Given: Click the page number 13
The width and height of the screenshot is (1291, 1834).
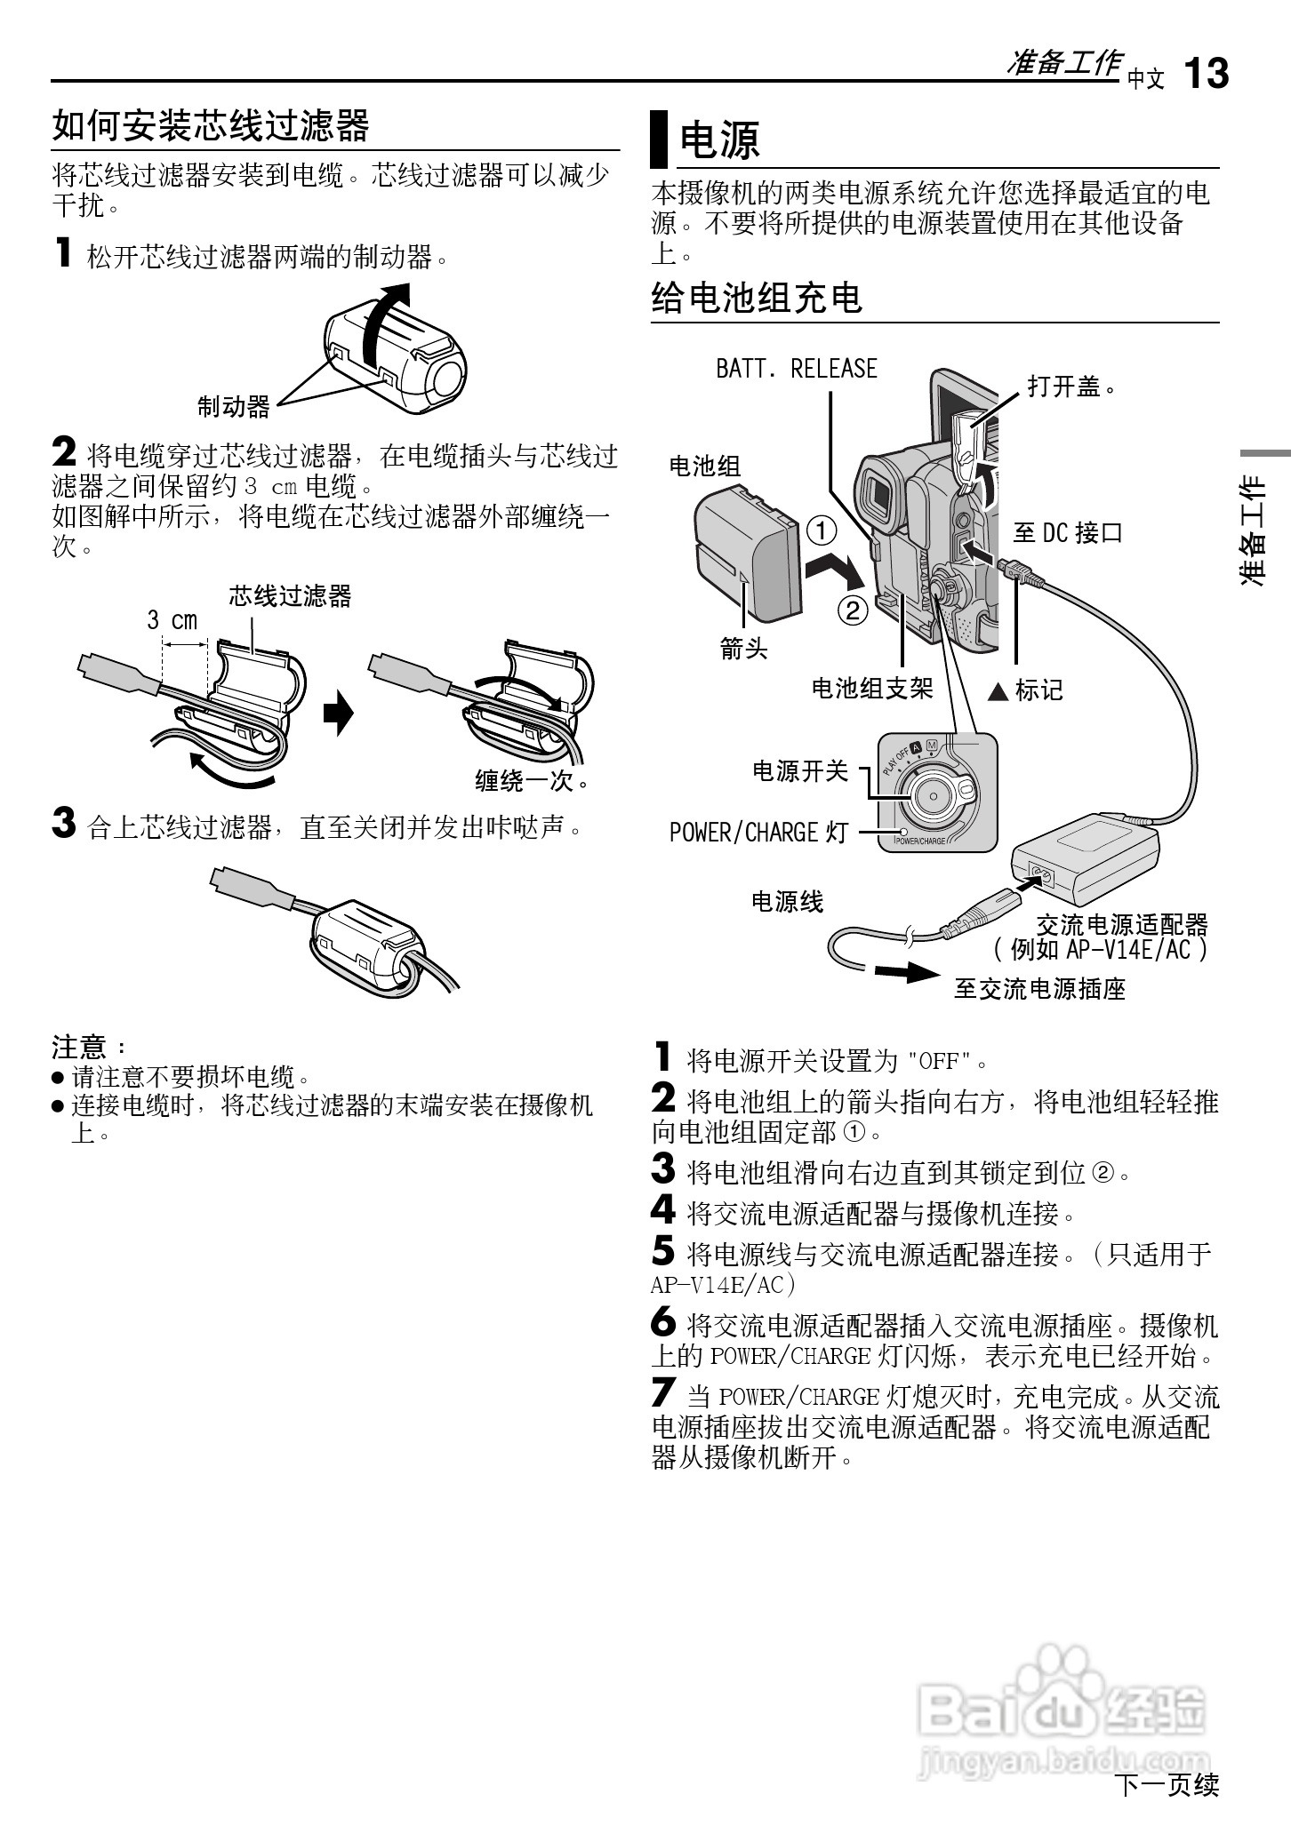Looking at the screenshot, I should click(x=1207, y=73).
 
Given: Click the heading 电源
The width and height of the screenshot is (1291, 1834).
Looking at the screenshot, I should click(x=719, y=140).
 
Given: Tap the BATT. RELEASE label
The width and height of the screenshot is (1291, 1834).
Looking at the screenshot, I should click(x=796, y=369).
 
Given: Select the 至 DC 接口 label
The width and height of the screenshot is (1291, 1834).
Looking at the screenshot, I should click(x=1067, y=533).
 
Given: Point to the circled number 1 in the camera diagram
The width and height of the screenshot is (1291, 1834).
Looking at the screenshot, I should click(x=822, y=531).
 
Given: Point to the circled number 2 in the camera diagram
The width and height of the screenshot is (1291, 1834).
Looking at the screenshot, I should click(x=852, y=610).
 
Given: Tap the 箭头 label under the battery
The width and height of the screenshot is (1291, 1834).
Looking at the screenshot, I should click(x=743, y=650).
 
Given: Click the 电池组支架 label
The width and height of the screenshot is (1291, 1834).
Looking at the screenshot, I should click(x=871, y=689).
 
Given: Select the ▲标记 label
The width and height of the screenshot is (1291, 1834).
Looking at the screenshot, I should click(x=1026, y=690).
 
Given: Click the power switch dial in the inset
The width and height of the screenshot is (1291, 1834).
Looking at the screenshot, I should click(x=931, y=790).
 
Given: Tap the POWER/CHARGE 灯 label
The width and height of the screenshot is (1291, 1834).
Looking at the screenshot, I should click(x=758, y=833).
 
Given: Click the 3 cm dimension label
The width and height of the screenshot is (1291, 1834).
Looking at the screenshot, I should click(x=172, y=620).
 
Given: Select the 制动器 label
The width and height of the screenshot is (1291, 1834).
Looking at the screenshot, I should click(x=233, y=408).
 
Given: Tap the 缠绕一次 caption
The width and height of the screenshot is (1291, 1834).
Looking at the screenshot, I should click(x=532, y=781).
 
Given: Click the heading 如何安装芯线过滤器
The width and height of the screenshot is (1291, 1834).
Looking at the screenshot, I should click(x=211, y=126).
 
